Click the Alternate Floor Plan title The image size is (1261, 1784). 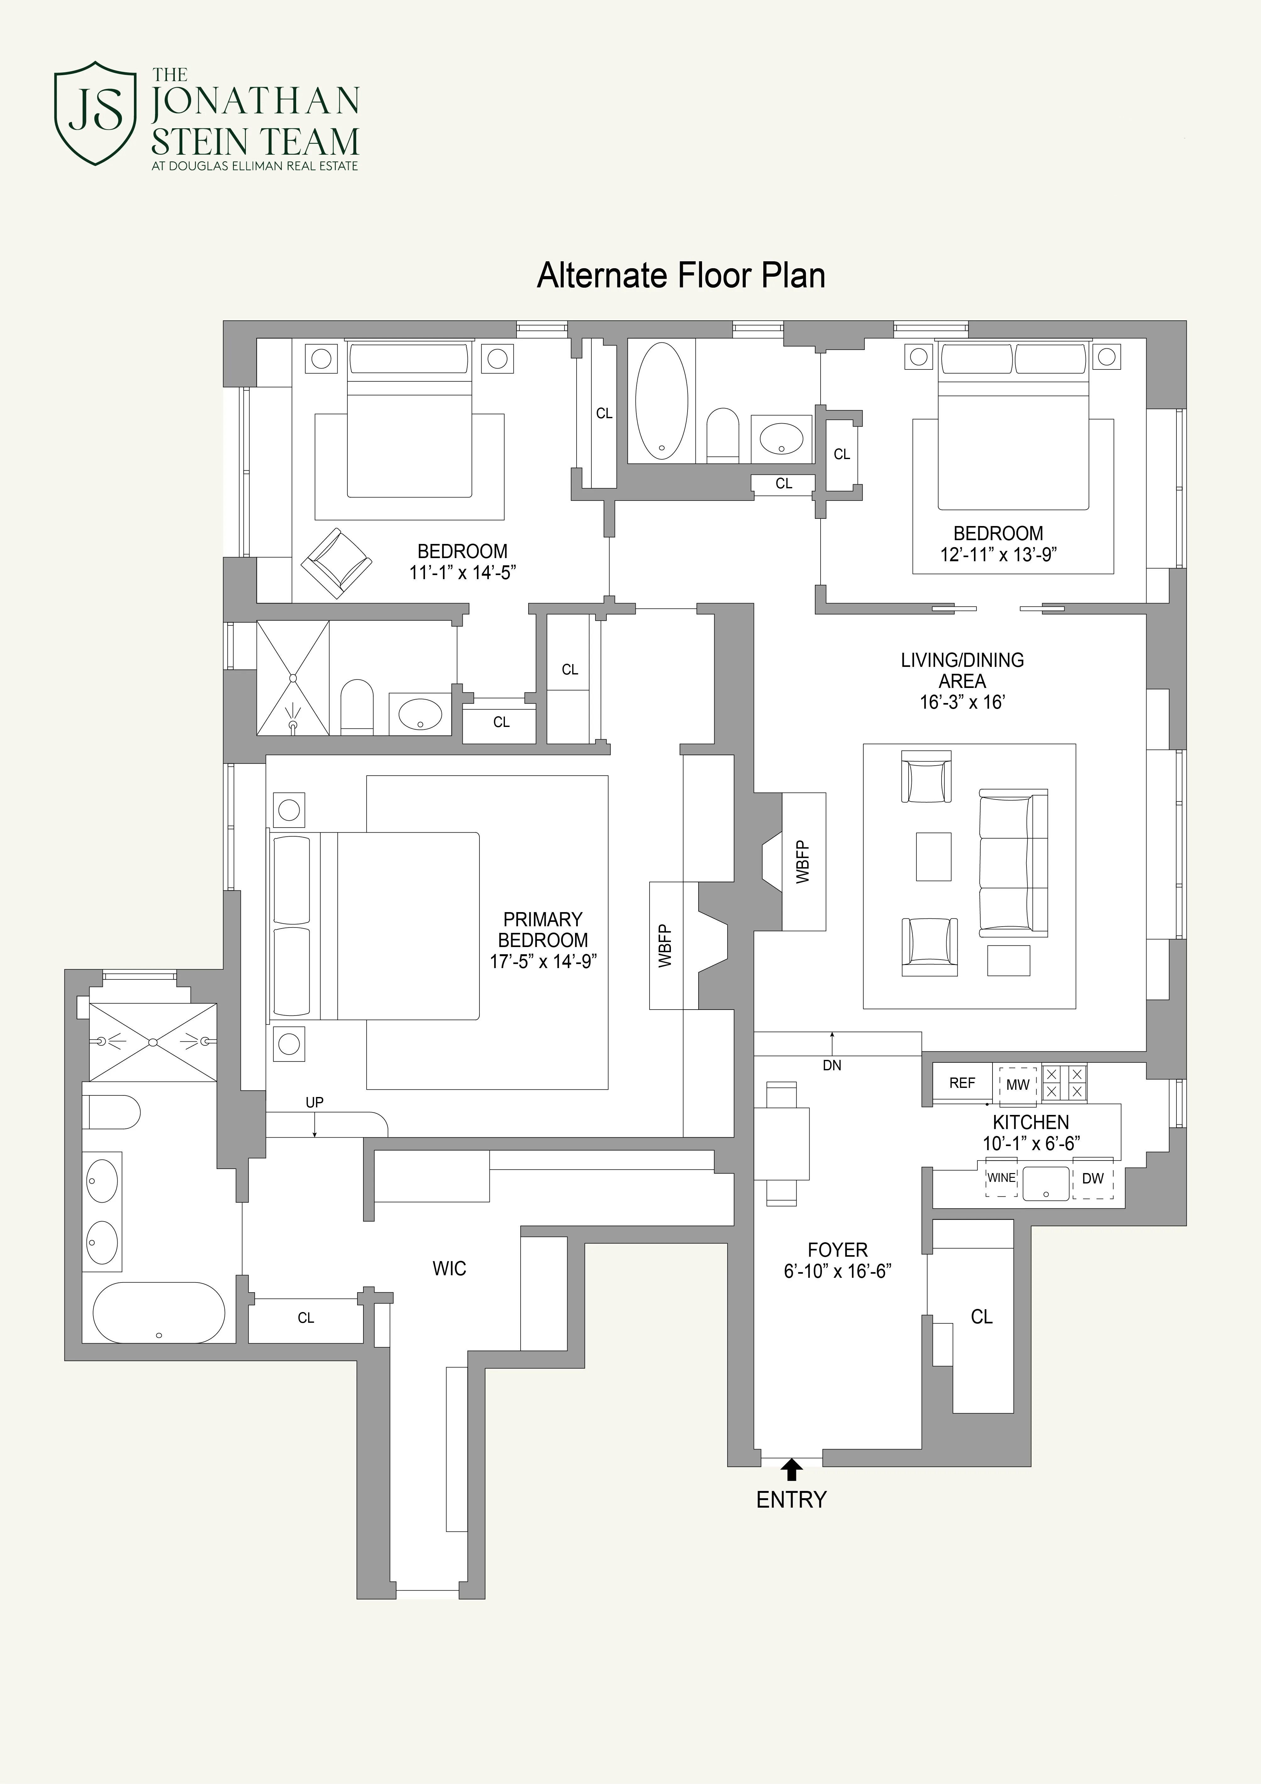[x=681, y=276]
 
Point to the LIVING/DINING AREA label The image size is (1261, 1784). [x=962, y=671]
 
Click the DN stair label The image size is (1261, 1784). [x=831, y=1065]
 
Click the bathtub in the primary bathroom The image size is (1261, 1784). [x=158, y=1312]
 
